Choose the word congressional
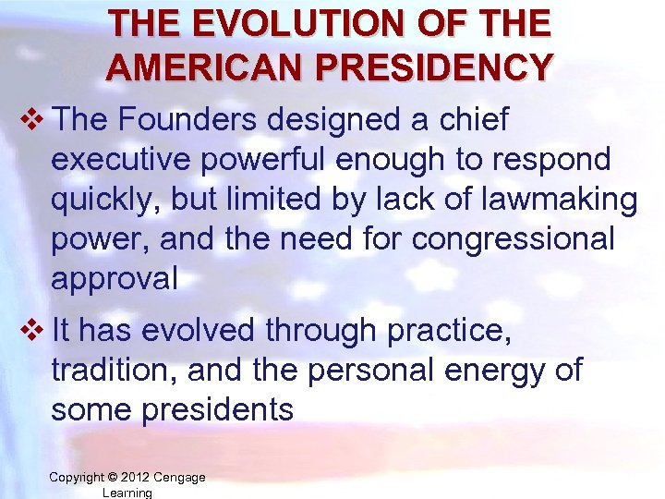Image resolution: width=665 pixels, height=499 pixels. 514,238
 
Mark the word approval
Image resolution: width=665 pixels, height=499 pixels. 115,278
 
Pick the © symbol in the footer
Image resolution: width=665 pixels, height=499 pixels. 113,477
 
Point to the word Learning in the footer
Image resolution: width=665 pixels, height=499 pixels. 127,493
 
